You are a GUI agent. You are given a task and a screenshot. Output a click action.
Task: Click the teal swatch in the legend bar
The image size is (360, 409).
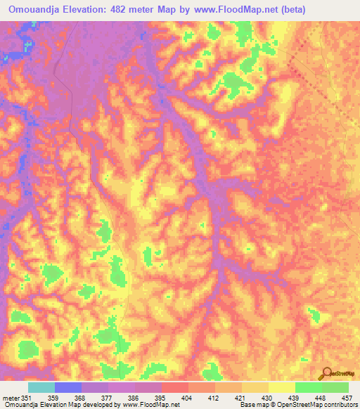coord(41,387)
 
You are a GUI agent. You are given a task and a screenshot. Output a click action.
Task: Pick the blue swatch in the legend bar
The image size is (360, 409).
coord(67,387)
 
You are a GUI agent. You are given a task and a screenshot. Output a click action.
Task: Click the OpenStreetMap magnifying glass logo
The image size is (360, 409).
coord(327,373)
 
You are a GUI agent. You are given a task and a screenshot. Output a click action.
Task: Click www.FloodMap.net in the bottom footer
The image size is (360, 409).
coord(150,404)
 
